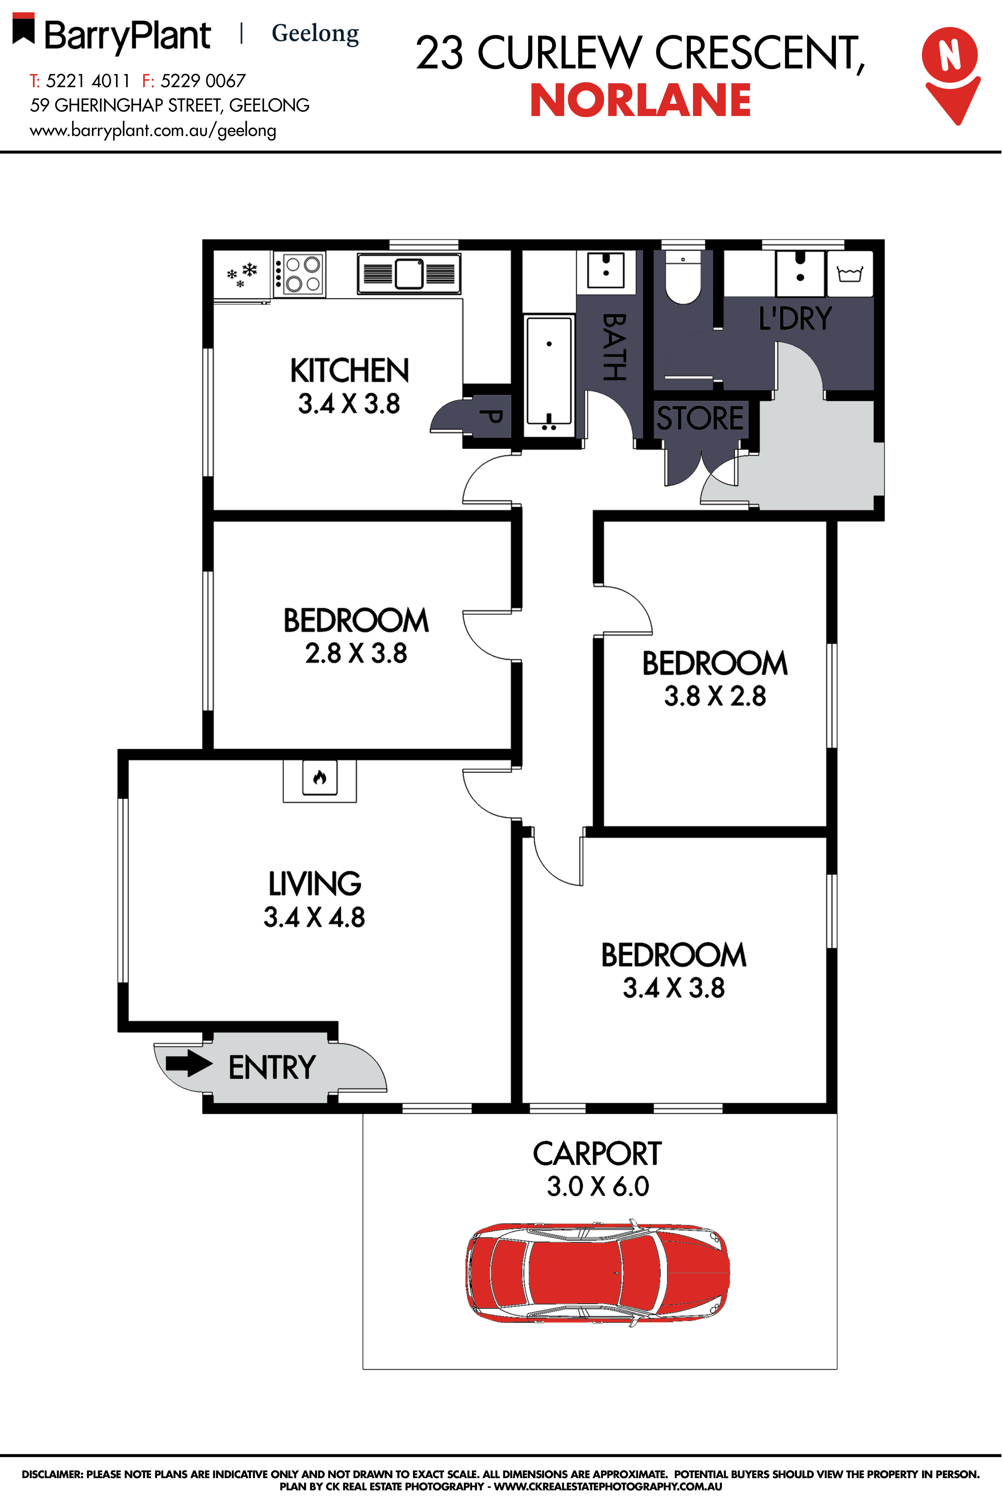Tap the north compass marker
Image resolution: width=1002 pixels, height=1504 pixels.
[x=950, y=73]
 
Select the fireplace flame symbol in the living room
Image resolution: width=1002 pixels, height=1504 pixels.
[x=320, y=778]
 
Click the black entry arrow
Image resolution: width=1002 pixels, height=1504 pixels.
[x=189, y=1064]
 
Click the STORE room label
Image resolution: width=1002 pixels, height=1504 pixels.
[x=700, y=419]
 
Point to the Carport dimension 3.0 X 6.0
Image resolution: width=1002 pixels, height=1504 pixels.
[x=597, y=1187]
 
